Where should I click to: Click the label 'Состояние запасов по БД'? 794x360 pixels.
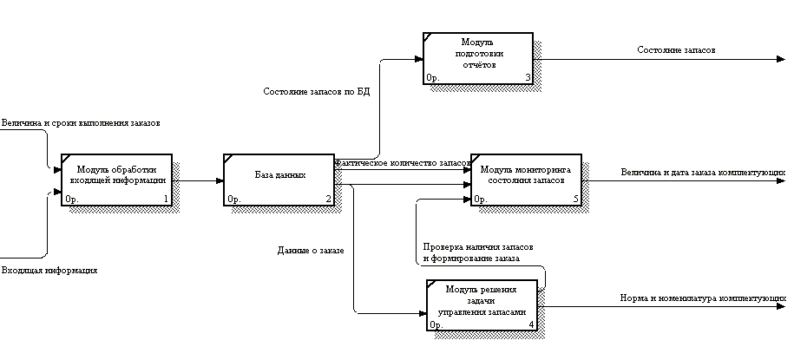(x=316, y=91)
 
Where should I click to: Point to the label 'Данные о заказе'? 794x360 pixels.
(x=311, y=251)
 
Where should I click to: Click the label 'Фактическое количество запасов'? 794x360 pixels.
(x=402, y=162)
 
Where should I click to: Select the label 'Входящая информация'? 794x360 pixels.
(x=49, y=271)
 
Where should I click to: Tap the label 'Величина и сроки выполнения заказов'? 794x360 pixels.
(x=81, y=123)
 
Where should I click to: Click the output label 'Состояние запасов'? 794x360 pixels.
(x=676, y=50)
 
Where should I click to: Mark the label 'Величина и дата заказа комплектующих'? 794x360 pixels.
(x=703, y=173)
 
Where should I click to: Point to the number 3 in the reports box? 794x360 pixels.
(x=527, y=78)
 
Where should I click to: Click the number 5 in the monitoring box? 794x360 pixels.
(x=575, y=200)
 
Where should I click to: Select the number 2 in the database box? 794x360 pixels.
(x=328, y=200)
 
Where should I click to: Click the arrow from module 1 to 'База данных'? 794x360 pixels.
(x=197, y=180)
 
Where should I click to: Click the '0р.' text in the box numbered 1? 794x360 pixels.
(x=72, y=200)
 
